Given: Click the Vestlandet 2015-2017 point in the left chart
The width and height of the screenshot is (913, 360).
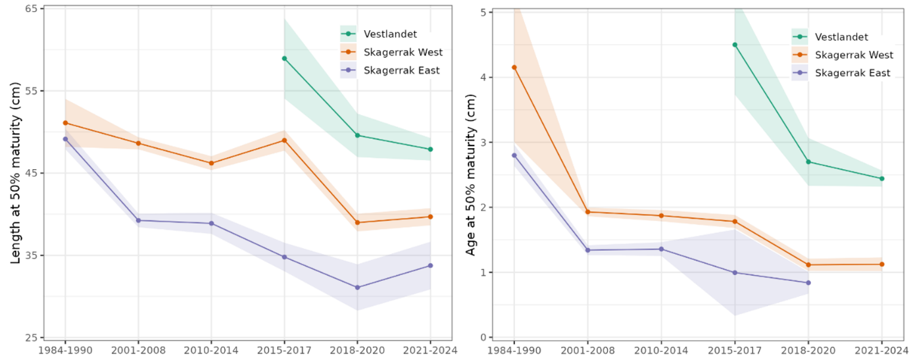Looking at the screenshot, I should coord(284,59).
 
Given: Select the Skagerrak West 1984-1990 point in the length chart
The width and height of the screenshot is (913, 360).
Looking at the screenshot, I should coord(65,123).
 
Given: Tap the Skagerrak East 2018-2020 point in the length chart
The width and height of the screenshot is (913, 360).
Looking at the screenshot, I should coord(357,288).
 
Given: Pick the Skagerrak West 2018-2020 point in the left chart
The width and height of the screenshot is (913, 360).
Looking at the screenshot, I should coord(357,222).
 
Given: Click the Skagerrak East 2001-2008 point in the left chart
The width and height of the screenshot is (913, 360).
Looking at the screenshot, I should coord(138,220).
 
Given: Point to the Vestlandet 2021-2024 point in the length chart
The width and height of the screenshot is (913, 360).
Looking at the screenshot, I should coord(430,149).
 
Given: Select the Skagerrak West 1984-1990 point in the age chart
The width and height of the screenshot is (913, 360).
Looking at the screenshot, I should coord(514,67).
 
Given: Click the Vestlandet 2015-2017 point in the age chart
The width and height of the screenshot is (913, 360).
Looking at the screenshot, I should coord(735,45).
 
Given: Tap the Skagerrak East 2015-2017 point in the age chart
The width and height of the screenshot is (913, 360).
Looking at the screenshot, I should coord(735,272).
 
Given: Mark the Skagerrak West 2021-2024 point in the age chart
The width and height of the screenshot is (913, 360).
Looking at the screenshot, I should coord(881,265).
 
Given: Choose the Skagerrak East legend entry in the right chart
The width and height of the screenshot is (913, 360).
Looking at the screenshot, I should coord(852,73).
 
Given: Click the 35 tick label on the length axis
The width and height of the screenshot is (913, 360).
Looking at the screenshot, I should coord(31,255).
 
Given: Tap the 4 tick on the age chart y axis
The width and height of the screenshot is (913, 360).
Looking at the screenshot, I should coord(485,78).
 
